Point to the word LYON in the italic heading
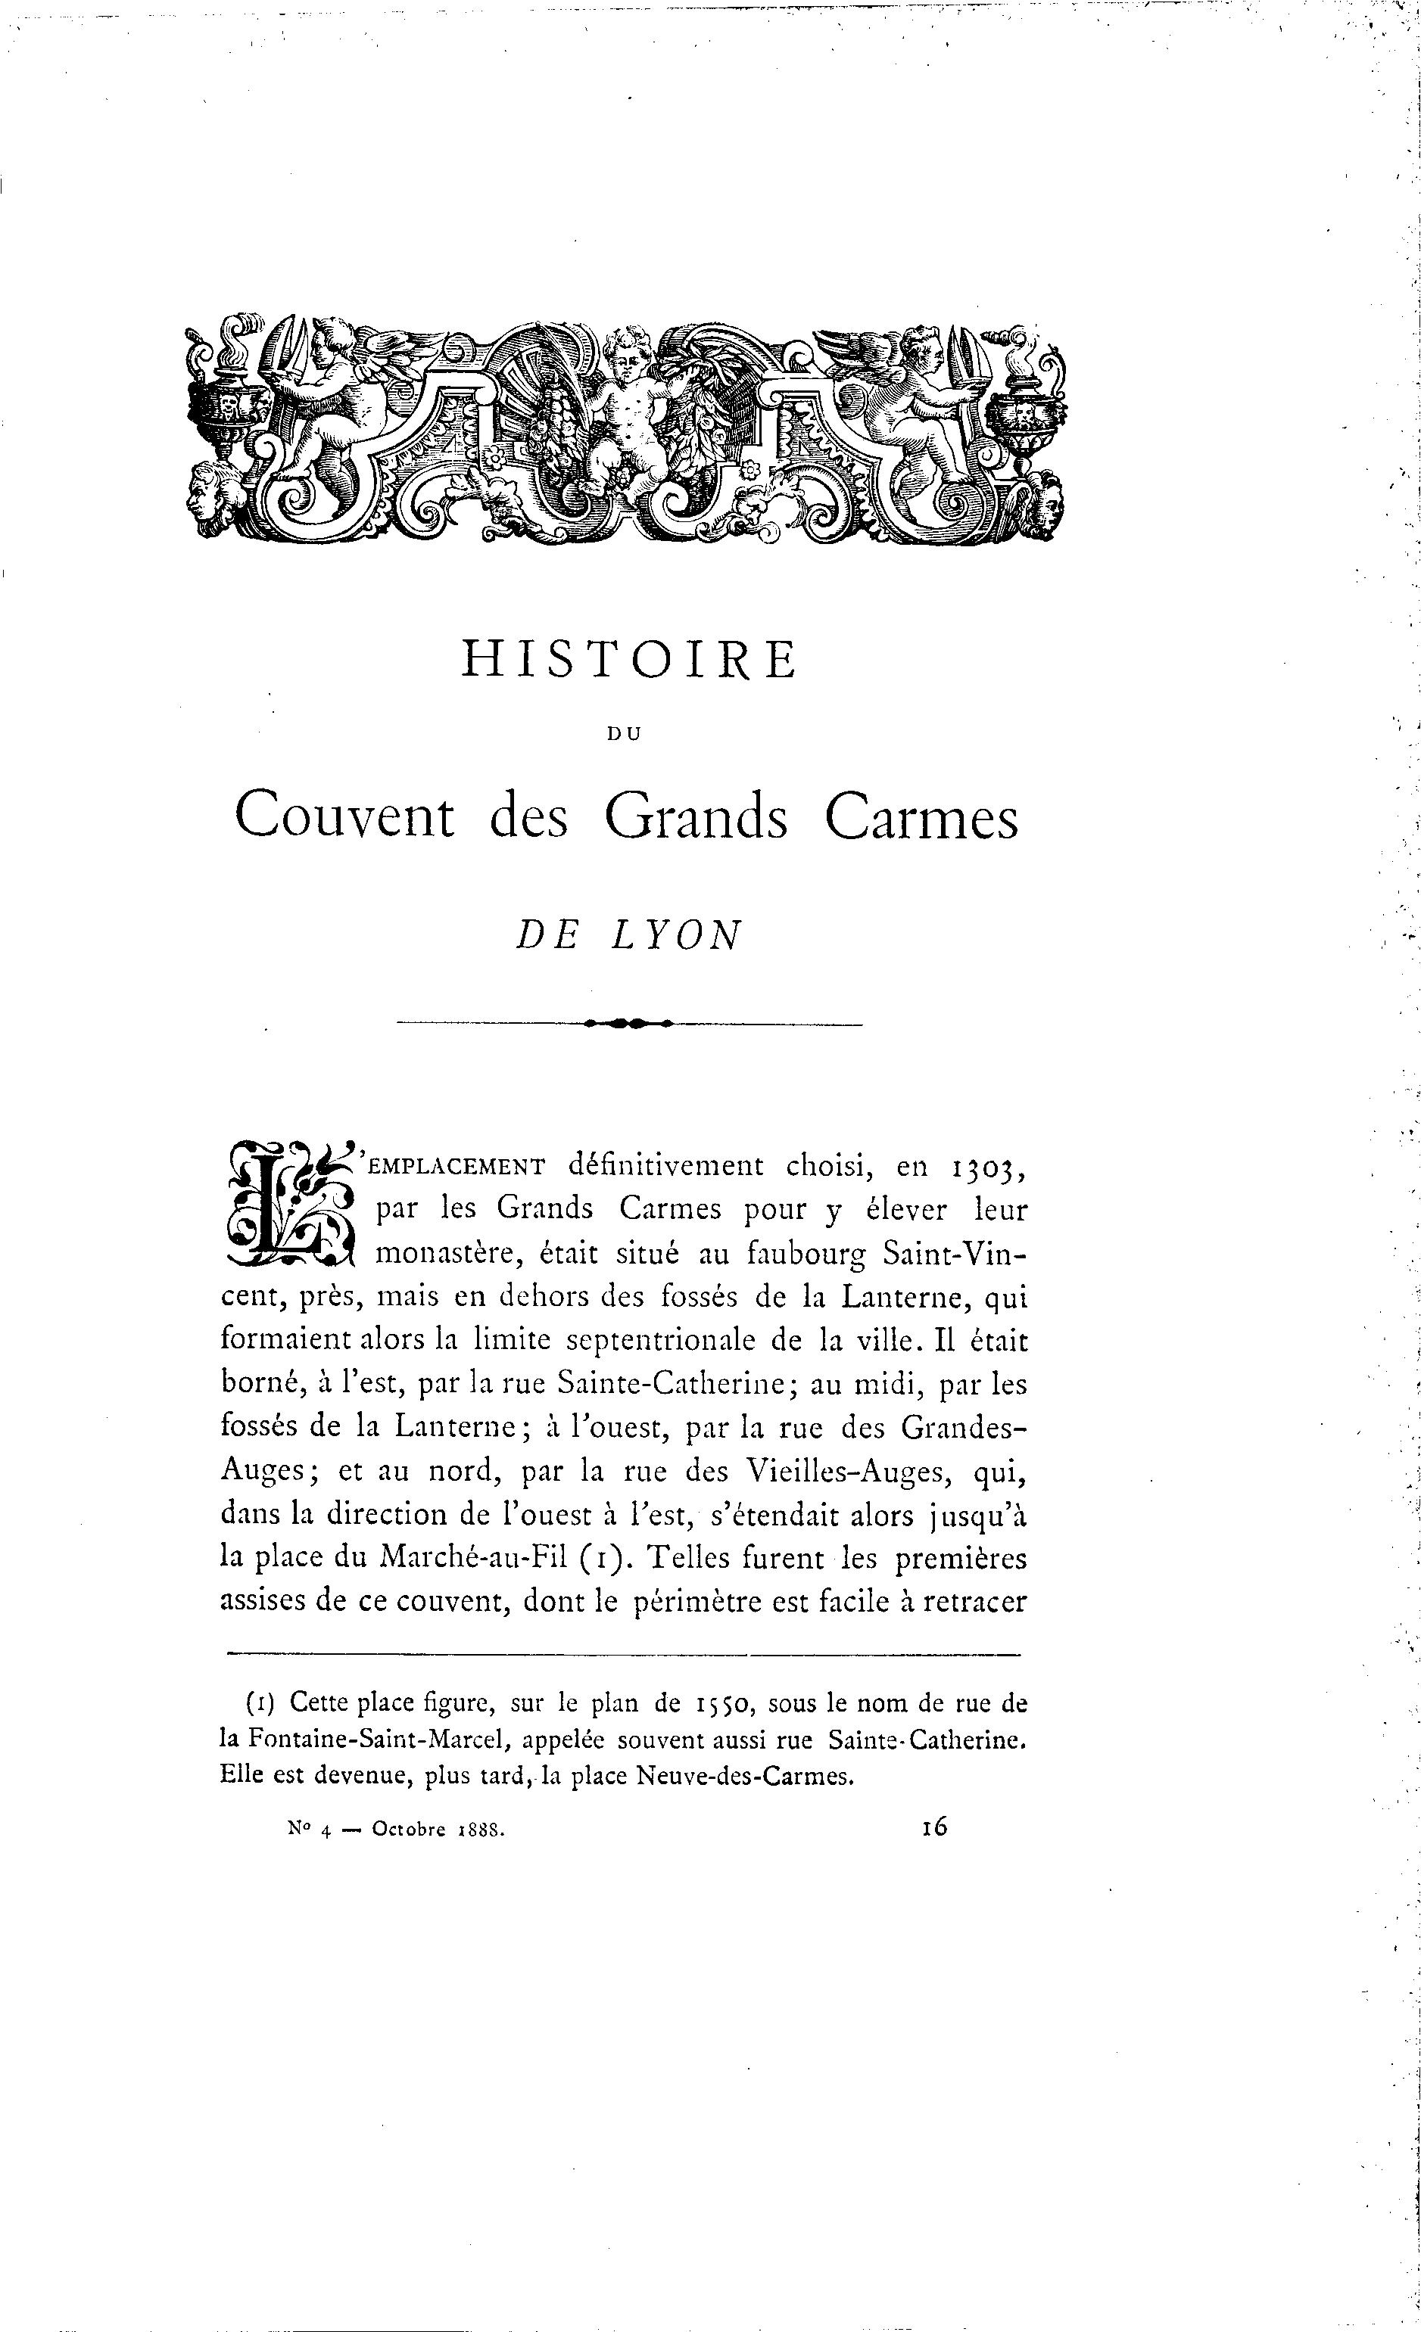[x=676, y=936]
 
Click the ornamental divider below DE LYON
[x=628, y=1023]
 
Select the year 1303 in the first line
[x=986, y=1168]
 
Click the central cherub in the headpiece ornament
[x=631, y=407]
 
